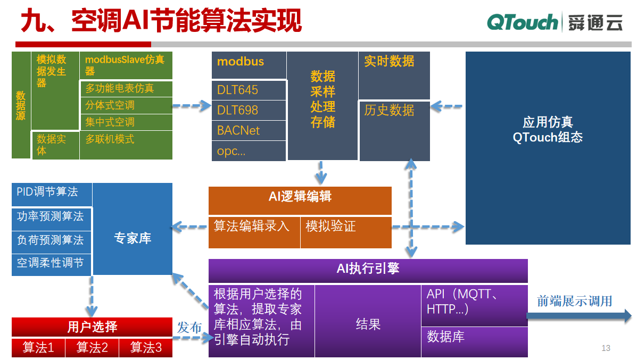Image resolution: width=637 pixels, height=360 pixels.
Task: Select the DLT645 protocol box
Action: [249, 90]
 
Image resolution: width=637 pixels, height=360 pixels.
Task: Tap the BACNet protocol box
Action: [249, 130]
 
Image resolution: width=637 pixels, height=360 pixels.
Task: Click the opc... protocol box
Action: [249, 151]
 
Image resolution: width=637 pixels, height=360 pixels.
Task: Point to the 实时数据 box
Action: [394, 75]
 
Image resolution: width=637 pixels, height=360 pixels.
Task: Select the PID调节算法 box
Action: [52, 195]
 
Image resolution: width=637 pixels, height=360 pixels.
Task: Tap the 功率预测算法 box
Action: [51, 217]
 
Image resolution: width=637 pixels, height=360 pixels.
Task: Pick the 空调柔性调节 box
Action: [51, 263]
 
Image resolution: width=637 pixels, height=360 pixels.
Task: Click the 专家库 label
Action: [133, 238]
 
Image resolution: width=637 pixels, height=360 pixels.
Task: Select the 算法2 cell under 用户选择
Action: [92, 348]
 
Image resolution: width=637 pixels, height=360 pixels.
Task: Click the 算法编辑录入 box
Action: [254, 232]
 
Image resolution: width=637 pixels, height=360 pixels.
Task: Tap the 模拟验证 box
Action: [346, 232]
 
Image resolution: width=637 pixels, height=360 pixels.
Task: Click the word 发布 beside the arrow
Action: [189, 327]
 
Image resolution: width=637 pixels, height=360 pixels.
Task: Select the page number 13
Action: [606, 348]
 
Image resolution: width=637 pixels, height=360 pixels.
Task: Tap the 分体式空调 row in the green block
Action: [126, 105]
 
